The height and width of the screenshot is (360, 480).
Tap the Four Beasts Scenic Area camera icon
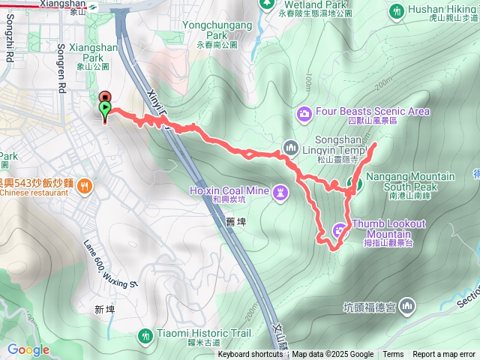pos(305,112)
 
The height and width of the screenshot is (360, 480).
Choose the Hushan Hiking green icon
pos(396,10)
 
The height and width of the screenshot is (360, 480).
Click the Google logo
pos(28,349)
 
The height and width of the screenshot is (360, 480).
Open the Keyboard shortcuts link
pos(250,355)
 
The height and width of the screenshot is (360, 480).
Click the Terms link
pos(393,355)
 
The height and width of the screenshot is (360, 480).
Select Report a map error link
pos(444,355)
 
